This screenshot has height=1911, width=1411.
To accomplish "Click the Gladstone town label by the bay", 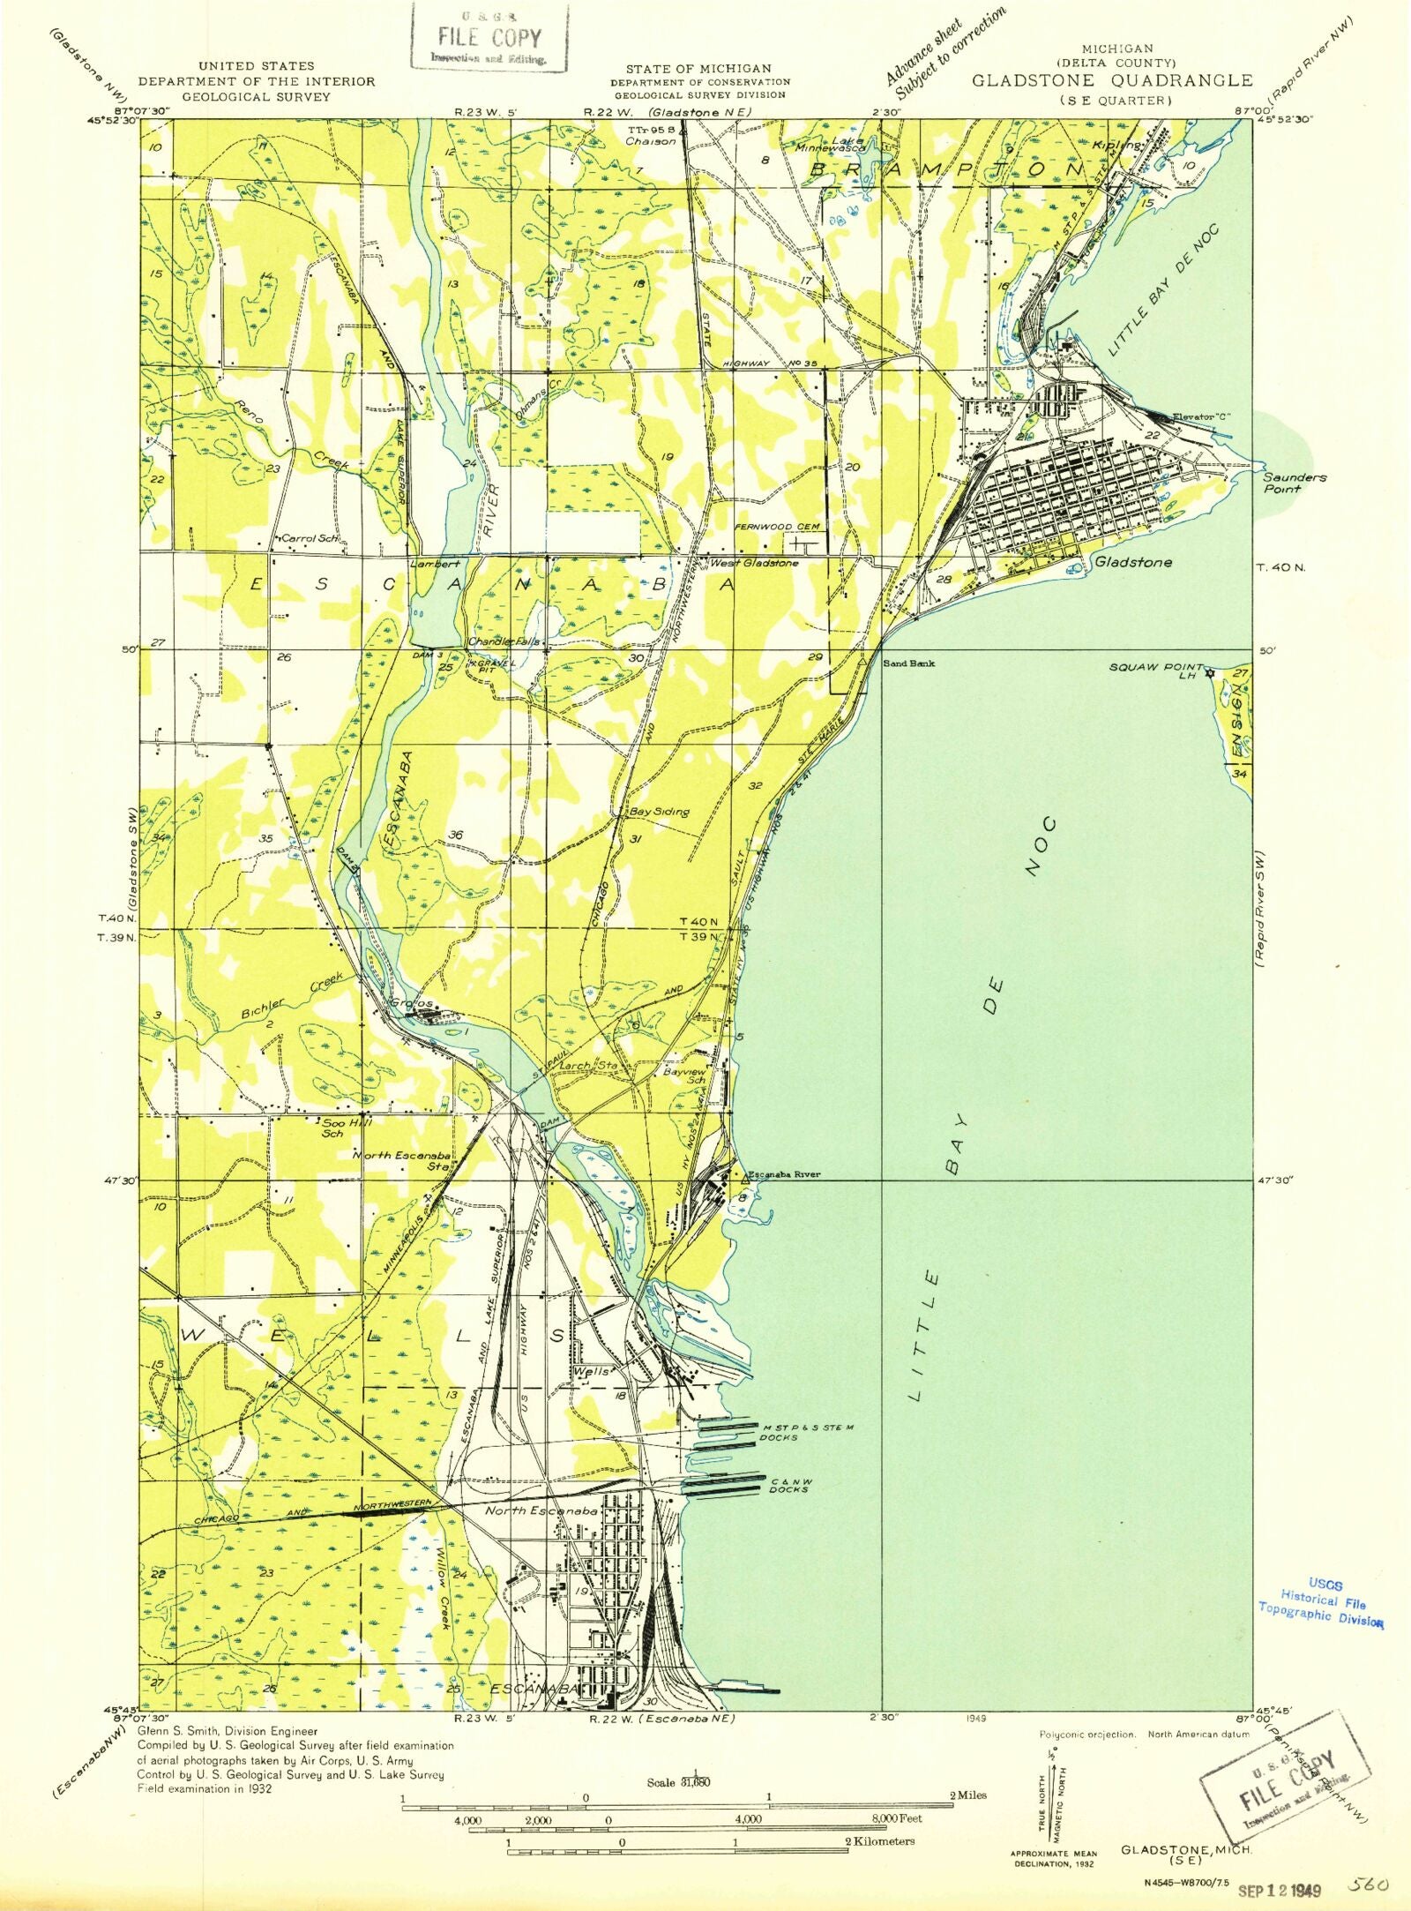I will click(1132, 562).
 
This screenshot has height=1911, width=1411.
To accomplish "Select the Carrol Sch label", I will click(310, 537).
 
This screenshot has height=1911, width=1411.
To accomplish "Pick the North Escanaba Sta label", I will click(403, 1160).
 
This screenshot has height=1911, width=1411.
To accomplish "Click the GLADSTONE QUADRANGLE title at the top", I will click(1111, 80).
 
